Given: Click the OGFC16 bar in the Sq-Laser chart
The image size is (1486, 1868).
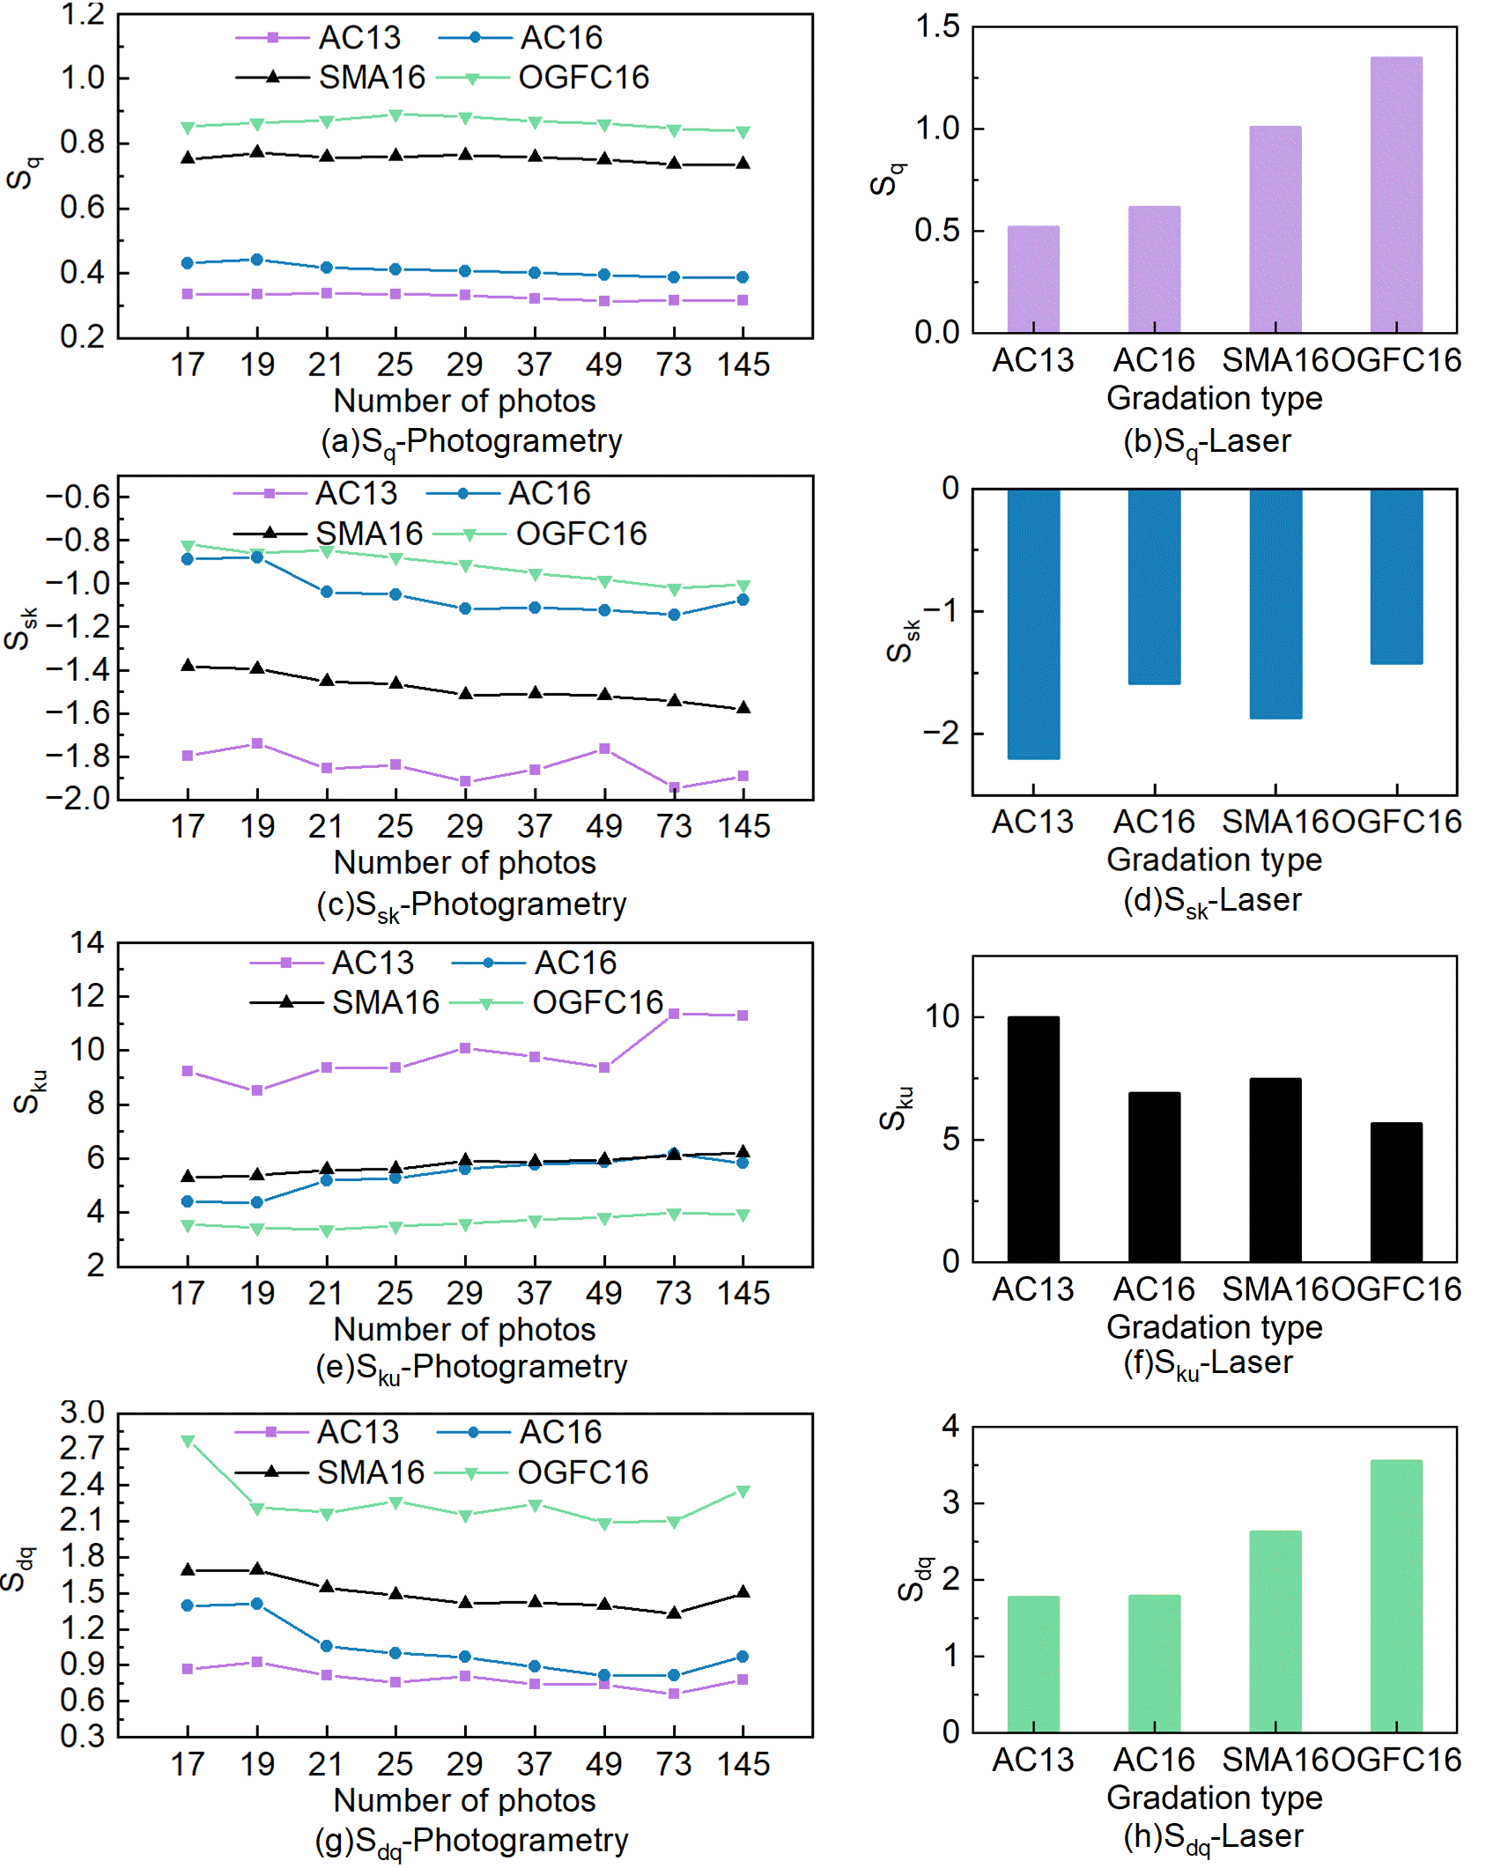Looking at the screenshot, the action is click(1395, 195).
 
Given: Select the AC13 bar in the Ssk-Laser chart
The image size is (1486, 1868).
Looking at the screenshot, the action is click(1033, 624).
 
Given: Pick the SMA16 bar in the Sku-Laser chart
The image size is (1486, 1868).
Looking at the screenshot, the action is click(1275, 1170).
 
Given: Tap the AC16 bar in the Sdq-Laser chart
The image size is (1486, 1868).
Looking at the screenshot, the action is click(1154, 1663).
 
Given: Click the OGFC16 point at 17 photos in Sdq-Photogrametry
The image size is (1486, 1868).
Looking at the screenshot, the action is click(188, 1442).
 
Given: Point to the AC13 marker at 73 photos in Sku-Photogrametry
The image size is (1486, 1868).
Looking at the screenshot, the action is click(674, 1014).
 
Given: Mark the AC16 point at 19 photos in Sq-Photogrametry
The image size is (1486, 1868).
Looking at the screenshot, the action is click(257, 260).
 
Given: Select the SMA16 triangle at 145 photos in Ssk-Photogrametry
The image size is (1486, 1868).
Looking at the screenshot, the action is click(743, 707).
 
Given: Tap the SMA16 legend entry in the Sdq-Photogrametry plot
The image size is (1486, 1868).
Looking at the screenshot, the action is click(330, 1473).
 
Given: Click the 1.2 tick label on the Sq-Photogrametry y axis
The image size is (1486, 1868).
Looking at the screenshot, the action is click(82, 14).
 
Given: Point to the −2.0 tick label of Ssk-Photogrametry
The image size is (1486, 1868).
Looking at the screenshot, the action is click(77, 798).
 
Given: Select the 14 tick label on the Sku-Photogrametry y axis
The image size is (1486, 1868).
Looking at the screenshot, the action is click(87, 943).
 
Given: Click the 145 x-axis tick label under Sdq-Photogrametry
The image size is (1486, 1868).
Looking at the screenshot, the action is click(743, 1764).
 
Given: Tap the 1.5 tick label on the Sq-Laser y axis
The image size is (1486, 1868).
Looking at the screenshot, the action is click(937, 26).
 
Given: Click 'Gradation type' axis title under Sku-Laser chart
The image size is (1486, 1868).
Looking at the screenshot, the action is click(1214, 1326).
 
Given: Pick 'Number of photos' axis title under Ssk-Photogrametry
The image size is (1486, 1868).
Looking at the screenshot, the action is click(465, 862).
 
